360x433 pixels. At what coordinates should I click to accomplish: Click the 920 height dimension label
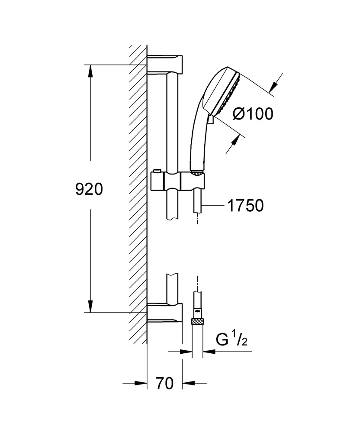[x=89, y=189]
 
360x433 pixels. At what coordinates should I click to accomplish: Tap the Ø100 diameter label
[x=253, y=114]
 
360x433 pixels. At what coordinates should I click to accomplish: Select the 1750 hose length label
[x=245, y=205]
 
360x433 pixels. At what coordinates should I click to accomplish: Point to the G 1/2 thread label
[x=231, y=339]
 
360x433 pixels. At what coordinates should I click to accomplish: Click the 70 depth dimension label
[x=164, y=383]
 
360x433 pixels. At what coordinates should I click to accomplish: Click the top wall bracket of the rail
[x=165, y=65]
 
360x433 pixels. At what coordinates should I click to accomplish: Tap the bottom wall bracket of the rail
[x=165, y=312]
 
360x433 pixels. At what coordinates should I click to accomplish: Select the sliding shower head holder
[x=178, y=181]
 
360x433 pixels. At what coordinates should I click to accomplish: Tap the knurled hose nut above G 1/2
[x=197, y=321]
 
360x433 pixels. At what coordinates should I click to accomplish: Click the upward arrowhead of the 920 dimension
[x=90, y=71]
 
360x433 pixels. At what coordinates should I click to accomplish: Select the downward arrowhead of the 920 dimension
[x=90, y=306]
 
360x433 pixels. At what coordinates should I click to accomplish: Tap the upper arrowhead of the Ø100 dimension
[x=273, y=85]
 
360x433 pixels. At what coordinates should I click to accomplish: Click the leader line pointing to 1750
[x=213, y=205]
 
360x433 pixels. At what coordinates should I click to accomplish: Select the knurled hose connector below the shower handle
[x=197, y=173]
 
